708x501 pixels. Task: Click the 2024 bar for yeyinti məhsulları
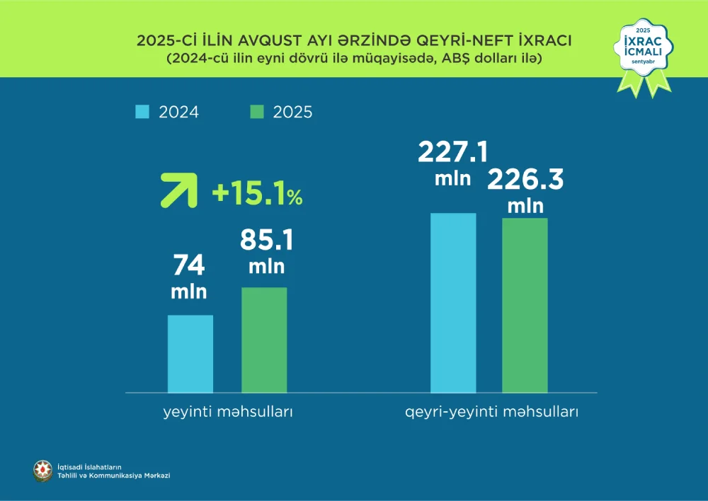190,353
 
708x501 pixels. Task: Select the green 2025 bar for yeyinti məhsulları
264,340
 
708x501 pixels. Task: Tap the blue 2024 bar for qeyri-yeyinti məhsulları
453,302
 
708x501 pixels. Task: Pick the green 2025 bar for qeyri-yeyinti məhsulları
525,305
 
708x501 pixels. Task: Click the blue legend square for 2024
142,112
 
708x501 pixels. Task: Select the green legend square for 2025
258,112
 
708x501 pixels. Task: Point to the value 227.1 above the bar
453,153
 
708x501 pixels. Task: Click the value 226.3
525,180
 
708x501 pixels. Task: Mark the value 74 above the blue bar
189,265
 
